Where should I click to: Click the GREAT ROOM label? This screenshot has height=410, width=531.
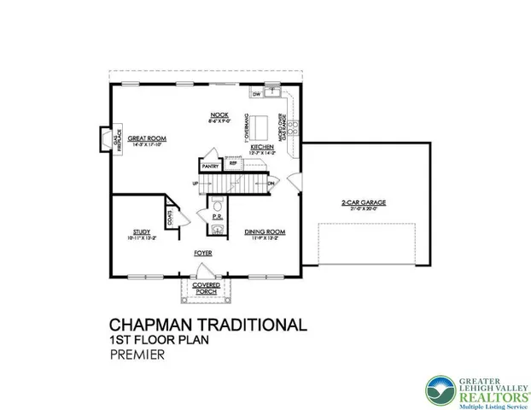point(148,138)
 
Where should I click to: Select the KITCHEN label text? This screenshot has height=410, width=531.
point(261,147)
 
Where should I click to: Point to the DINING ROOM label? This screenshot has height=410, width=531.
point(264,231)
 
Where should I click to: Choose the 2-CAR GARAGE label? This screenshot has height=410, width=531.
point(364,202)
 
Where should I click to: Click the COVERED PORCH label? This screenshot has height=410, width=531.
point(205,288)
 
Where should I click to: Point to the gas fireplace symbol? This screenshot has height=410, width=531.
point(104,138)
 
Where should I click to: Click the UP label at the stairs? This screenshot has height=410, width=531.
point(195,184)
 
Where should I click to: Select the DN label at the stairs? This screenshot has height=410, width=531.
point(271,184)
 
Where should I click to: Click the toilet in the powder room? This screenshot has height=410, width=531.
point(219,206)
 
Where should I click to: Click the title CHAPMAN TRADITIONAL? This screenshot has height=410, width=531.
point(207,325)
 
